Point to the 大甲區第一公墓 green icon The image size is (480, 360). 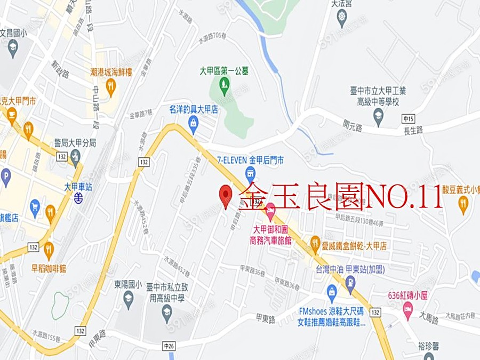(x=225, y=83)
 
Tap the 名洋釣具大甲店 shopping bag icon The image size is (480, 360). (x=194, y=123)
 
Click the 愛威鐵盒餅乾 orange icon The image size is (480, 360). (x=315, y=241)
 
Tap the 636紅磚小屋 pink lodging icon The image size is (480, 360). (x=408, y=309)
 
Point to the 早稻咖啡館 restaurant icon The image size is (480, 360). (x=49, y=249)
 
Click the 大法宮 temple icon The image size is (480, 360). (x=342, y=19)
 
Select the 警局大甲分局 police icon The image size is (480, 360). (x=75, y=156)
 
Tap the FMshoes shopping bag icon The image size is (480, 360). (x=331, y=292)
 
